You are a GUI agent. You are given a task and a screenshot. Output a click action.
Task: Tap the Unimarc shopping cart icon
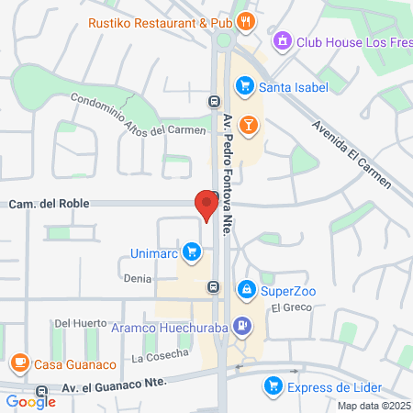[x=191, y=251]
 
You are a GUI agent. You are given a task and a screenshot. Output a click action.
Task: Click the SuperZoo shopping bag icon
[x=246, y=291]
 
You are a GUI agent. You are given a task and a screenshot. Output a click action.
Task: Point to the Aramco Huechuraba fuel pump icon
[x=241, y=324]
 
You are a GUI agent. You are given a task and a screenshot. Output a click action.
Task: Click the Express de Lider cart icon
[x=272, y=385]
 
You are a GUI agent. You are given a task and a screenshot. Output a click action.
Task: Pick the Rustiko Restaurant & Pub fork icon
[x=244, y=21]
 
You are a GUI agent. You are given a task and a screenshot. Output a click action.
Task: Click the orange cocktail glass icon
[x=248, y=124]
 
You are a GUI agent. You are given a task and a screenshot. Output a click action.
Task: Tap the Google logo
[x=30, y=401]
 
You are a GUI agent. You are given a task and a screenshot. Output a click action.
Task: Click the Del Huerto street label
[x=75, y=323]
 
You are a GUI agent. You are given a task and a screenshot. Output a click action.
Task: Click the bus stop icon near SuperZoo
[x=213, y=286]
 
